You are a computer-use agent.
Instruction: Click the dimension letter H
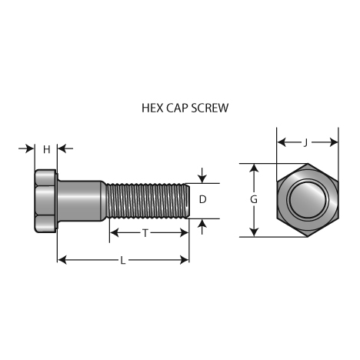coord(46,149)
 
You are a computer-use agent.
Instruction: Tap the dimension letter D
coord(202,199)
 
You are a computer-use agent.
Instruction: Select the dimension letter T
coord(145,233)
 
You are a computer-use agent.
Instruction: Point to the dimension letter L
coord(123,261)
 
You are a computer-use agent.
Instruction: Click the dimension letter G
coord(254,199)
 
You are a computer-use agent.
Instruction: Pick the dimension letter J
coord(305,142)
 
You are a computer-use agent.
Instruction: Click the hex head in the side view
coord(45,201)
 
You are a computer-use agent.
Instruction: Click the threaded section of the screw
coord(148,201)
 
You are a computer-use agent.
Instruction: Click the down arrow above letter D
coord(202,175)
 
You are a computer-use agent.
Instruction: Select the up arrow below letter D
coord(202,227)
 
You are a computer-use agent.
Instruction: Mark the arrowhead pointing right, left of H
coord(30,148)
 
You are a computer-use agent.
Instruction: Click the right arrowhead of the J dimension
coord(334,142)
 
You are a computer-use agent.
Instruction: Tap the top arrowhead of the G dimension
coord(254,168)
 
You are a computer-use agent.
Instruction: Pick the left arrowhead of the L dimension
coord(62,260)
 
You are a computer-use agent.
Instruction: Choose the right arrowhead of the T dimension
coord(185,233)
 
